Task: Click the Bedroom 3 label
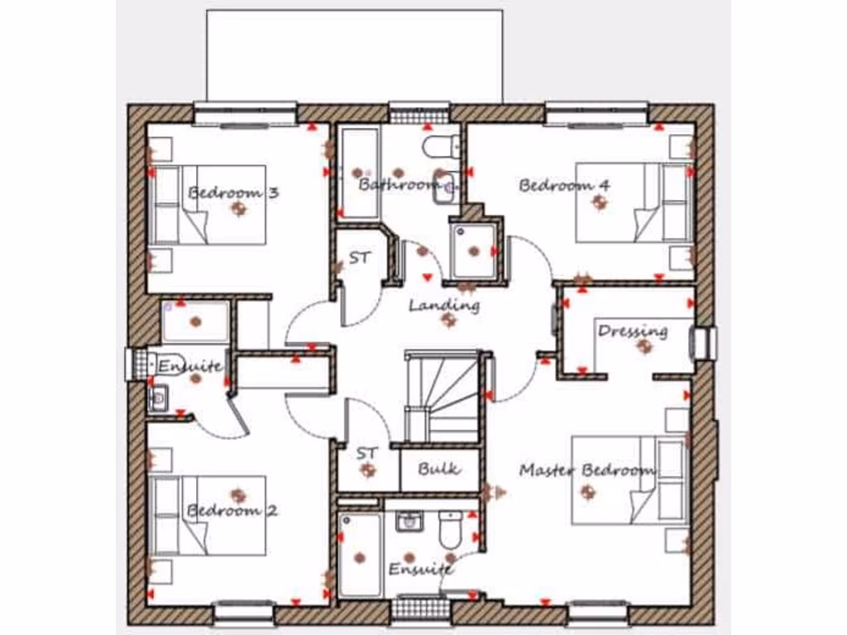tap(233, 193)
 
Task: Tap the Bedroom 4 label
tap(564, 185)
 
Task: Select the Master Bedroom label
tap(587, 470)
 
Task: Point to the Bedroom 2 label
tap(232, 510)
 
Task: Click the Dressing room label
tap(633, 331)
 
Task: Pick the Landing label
tap(444, 306)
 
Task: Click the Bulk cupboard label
tap(438, 469)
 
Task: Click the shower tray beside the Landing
tap(474, 250)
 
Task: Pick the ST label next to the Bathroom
tap(359, 258)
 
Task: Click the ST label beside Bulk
tap(366, 454)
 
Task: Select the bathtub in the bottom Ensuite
tap(361, 554)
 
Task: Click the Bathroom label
tap(398, 184)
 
